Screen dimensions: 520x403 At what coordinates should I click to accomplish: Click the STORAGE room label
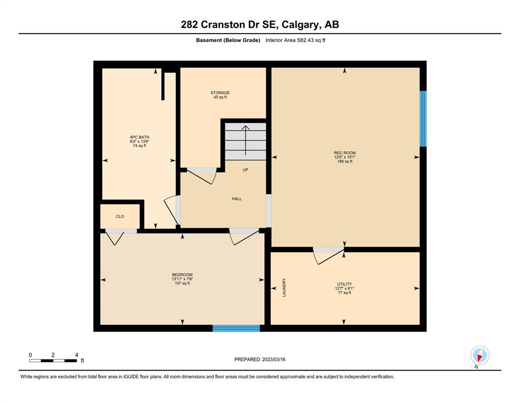tap(220, 93)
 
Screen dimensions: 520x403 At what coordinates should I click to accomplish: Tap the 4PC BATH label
tap(139, 137)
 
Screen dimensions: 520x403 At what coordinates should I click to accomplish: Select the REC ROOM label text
tap(345, 153)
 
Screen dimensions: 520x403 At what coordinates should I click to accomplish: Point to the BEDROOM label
tap(182, 275)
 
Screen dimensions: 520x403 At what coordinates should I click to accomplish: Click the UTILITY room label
tap(344, 284)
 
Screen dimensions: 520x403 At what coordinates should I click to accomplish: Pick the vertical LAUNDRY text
tap(284, 288)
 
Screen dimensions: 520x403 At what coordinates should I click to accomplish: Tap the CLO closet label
tap(120, 216)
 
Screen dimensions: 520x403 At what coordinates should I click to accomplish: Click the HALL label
tap(237, 199)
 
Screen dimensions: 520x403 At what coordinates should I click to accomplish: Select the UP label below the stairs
tap(245, 170)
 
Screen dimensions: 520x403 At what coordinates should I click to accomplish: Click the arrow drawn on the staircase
tap(246, 140)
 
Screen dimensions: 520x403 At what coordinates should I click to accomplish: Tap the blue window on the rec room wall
tap(423, 119)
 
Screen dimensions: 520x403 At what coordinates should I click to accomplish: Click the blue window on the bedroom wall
tap(236, 328)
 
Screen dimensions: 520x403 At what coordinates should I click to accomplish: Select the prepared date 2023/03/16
tap(273, 359)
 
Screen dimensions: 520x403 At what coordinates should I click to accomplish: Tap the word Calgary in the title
tap(301, 25)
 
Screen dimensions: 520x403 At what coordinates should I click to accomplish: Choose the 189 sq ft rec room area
tap(345, 162)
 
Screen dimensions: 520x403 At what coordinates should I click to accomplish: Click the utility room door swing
tap(328, 257)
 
